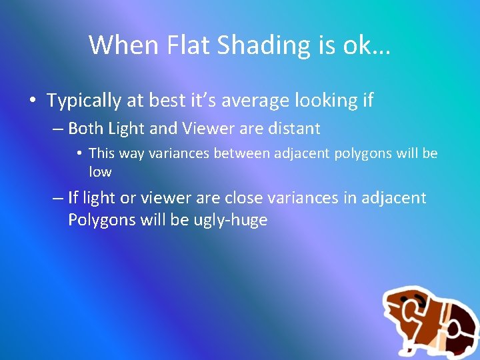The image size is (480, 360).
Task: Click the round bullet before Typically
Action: click(32, 101)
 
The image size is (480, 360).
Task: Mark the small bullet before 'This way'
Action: click(79, 153)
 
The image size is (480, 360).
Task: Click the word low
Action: click(100, 172)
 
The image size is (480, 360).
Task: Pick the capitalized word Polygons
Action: click(102, 221)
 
